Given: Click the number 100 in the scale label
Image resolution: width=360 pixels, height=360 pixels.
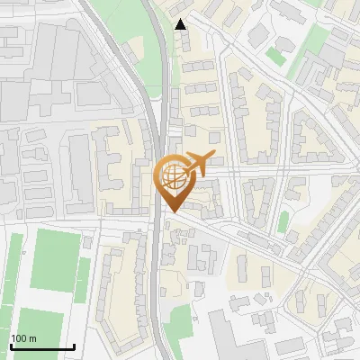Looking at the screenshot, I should [20, 338].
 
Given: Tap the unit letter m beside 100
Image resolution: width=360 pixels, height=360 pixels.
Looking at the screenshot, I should [32, 338].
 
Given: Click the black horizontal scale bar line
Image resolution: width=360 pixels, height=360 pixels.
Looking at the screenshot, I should [41, 346].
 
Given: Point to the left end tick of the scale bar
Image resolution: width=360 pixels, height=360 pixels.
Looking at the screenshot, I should [10, 345].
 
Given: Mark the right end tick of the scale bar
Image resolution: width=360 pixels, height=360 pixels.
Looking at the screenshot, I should [74, 345].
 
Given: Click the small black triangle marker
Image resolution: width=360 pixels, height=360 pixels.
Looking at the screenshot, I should [181, 24].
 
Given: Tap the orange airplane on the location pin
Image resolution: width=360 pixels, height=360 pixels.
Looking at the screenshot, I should [198, 163].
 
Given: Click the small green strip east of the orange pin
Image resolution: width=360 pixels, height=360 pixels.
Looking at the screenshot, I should [283, 221].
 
